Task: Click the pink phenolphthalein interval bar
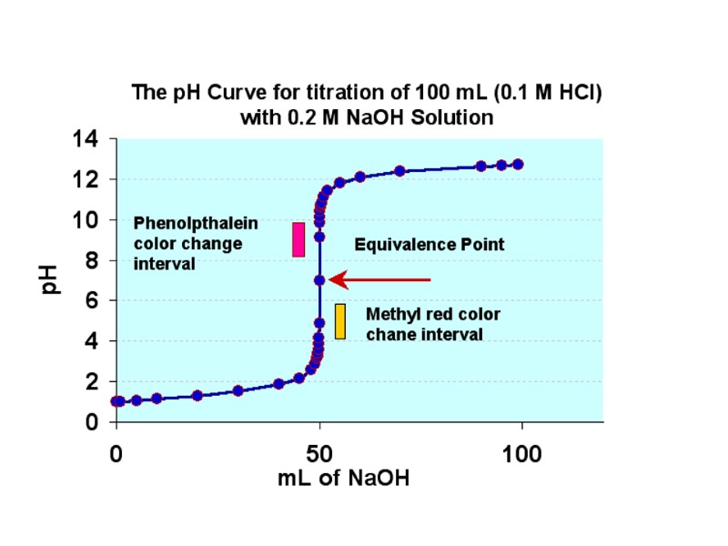(x=298, y=239)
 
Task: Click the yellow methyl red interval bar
(x=340, y=321)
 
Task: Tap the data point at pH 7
(x=319, y=279)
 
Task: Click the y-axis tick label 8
(x=92, y=260)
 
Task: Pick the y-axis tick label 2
(x=92, y=382)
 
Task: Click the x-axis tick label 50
(x=319, y=453)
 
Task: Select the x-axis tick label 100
(x=522, y=453)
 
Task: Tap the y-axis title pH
(x=53, y=279)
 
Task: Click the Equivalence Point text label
(x=429, y=245)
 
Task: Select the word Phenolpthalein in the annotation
(x=196, y=223)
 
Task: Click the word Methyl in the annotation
(x=391, y=314)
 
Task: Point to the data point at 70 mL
(x=399, y=170)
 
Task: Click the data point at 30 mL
(x=238, y=390)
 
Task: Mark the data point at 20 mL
(x=197, y=395)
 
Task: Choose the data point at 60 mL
(x=359, y=177)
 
